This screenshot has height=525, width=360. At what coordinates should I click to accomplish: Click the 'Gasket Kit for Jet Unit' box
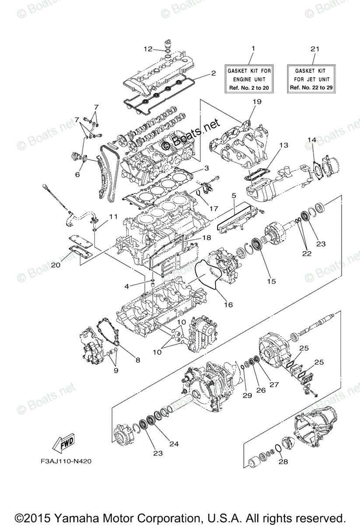(x=311, y=79)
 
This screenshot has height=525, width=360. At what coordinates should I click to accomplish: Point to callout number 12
(x=148, y=49)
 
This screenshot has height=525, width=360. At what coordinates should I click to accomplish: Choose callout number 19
(x=257, y=102)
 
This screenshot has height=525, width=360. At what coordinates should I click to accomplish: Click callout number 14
(x=311, y=140)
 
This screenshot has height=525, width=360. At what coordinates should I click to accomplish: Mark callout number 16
(x=229, y=304)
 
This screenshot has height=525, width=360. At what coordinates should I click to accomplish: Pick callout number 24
(x=174, y=444)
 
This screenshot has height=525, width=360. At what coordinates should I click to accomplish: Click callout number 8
(x=138, y=360)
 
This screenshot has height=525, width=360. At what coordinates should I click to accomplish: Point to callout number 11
(x=114, y=217)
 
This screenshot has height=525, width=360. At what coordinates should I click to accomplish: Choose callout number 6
(x=77, y=174)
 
